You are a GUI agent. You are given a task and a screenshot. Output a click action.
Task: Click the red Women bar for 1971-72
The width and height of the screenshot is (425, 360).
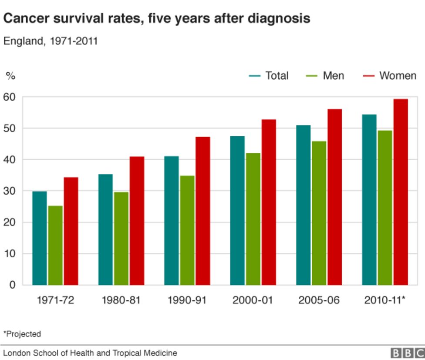point(71,231)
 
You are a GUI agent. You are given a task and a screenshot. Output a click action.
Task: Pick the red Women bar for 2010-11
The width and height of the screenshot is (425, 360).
point(401,192)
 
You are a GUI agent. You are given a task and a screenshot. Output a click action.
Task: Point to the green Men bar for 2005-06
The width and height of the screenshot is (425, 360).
point(319,213)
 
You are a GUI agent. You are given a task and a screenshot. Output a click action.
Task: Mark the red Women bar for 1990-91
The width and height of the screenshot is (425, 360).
point(203,211)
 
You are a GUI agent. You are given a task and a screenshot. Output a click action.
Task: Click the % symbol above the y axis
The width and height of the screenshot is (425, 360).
point(10,76)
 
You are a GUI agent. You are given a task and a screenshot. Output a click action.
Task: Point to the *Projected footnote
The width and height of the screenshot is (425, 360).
point(22,334)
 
